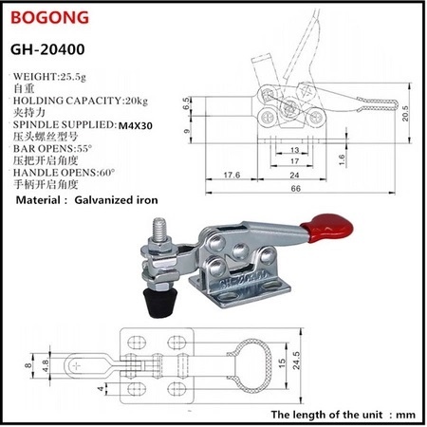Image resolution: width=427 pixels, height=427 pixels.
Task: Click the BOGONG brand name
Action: [49, 18]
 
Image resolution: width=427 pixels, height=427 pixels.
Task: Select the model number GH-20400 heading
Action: [47, 49]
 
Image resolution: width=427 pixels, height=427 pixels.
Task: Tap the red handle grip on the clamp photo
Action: [326, 228]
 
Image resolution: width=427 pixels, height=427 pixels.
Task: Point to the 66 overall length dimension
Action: [296, 189]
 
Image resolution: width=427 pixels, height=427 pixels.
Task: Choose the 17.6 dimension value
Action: [232, 175]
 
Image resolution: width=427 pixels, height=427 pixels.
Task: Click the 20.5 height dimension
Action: [405, 113]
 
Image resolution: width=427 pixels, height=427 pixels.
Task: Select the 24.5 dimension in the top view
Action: [296, 361]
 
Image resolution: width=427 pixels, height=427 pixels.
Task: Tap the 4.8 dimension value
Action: [46, 365]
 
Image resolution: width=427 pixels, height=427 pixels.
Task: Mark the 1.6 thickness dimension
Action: [341, 160]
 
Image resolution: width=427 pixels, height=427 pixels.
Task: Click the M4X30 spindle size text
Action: [136, 125]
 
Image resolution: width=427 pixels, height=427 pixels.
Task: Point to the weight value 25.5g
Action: [73, 77]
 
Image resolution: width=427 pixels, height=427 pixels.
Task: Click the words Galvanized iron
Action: [116, 200]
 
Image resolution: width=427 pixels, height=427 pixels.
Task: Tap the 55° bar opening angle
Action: [84, 148]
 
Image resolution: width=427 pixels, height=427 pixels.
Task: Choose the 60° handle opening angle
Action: [107, 173]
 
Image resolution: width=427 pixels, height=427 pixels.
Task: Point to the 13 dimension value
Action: [294, 150]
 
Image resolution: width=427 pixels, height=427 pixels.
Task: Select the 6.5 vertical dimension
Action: [187, 103]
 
